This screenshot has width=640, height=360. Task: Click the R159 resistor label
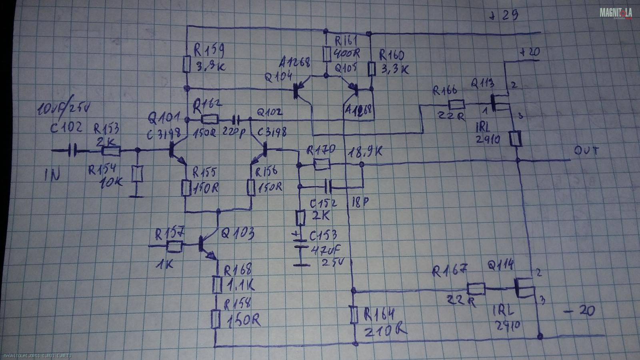coord(208,51)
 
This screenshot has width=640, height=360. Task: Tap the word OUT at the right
coord(587,152)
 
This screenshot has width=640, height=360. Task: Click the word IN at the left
coord(52,175)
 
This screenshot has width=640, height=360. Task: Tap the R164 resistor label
coord(380,315)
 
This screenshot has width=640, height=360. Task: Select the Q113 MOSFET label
coord(482,84)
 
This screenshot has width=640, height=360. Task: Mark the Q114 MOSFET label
coord(500,265)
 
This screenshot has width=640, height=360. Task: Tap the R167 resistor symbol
coord(476,288)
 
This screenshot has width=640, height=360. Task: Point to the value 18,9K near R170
coord(365,152)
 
